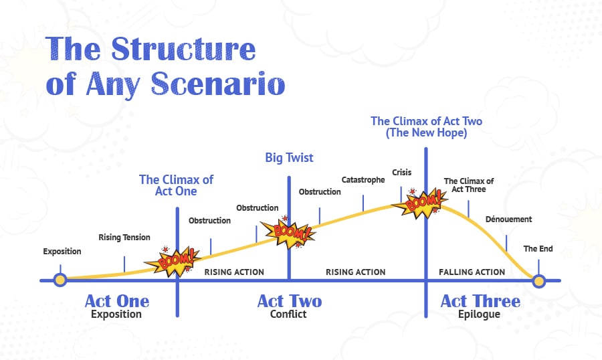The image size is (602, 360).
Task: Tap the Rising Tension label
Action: [124, 238]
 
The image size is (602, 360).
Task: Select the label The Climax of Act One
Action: [177, 185]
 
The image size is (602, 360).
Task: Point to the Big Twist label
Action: [289, 159]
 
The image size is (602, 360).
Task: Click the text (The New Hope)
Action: [426, 133]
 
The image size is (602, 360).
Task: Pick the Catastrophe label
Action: [363, 180]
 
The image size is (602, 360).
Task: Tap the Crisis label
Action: [401, 173]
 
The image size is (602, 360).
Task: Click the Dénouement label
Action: [508, 219]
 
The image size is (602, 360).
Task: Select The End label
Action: [538, 249]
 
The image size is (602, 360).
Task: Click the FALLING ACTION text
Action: [472, 272]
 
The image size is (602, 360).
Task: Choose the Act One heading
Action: [116, 301]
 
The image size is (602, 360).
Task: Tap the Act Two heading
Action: [289, 301]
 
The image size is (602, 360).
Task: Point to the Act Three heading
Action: [480, 301]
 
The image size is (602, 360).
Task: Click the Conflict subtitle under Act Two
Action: [289, 314]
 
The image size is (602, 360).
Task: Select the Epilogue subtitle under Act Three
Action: [480, 314]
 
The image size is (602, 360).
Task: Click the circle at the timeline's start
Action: [60, 280]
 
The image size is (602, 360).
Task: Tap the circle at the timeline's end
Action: [539, 280]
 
